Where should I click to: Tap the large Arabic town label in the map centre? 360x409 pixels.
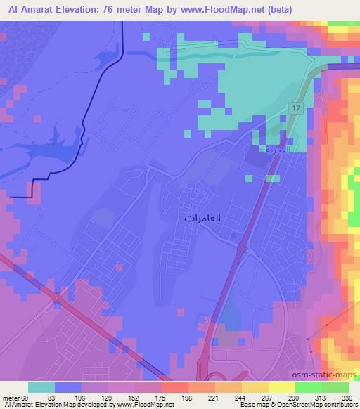[x=202, y=219]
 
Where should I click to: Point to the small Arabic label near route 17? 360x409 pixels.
[x=273, y=150]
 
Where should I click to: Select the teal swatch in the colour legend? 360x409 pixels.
[x=41, y=388]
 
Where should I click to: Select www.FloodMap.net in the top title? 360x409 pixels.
[x=214, y=10]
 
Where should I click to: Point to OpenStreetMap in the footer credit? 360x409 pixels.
[x=309, y=405]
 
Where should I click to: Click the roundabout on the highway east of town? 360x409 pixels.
[x=242, y=248]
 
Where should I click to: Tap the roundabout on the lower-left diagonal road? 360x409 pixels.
[x=56, y=298]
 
